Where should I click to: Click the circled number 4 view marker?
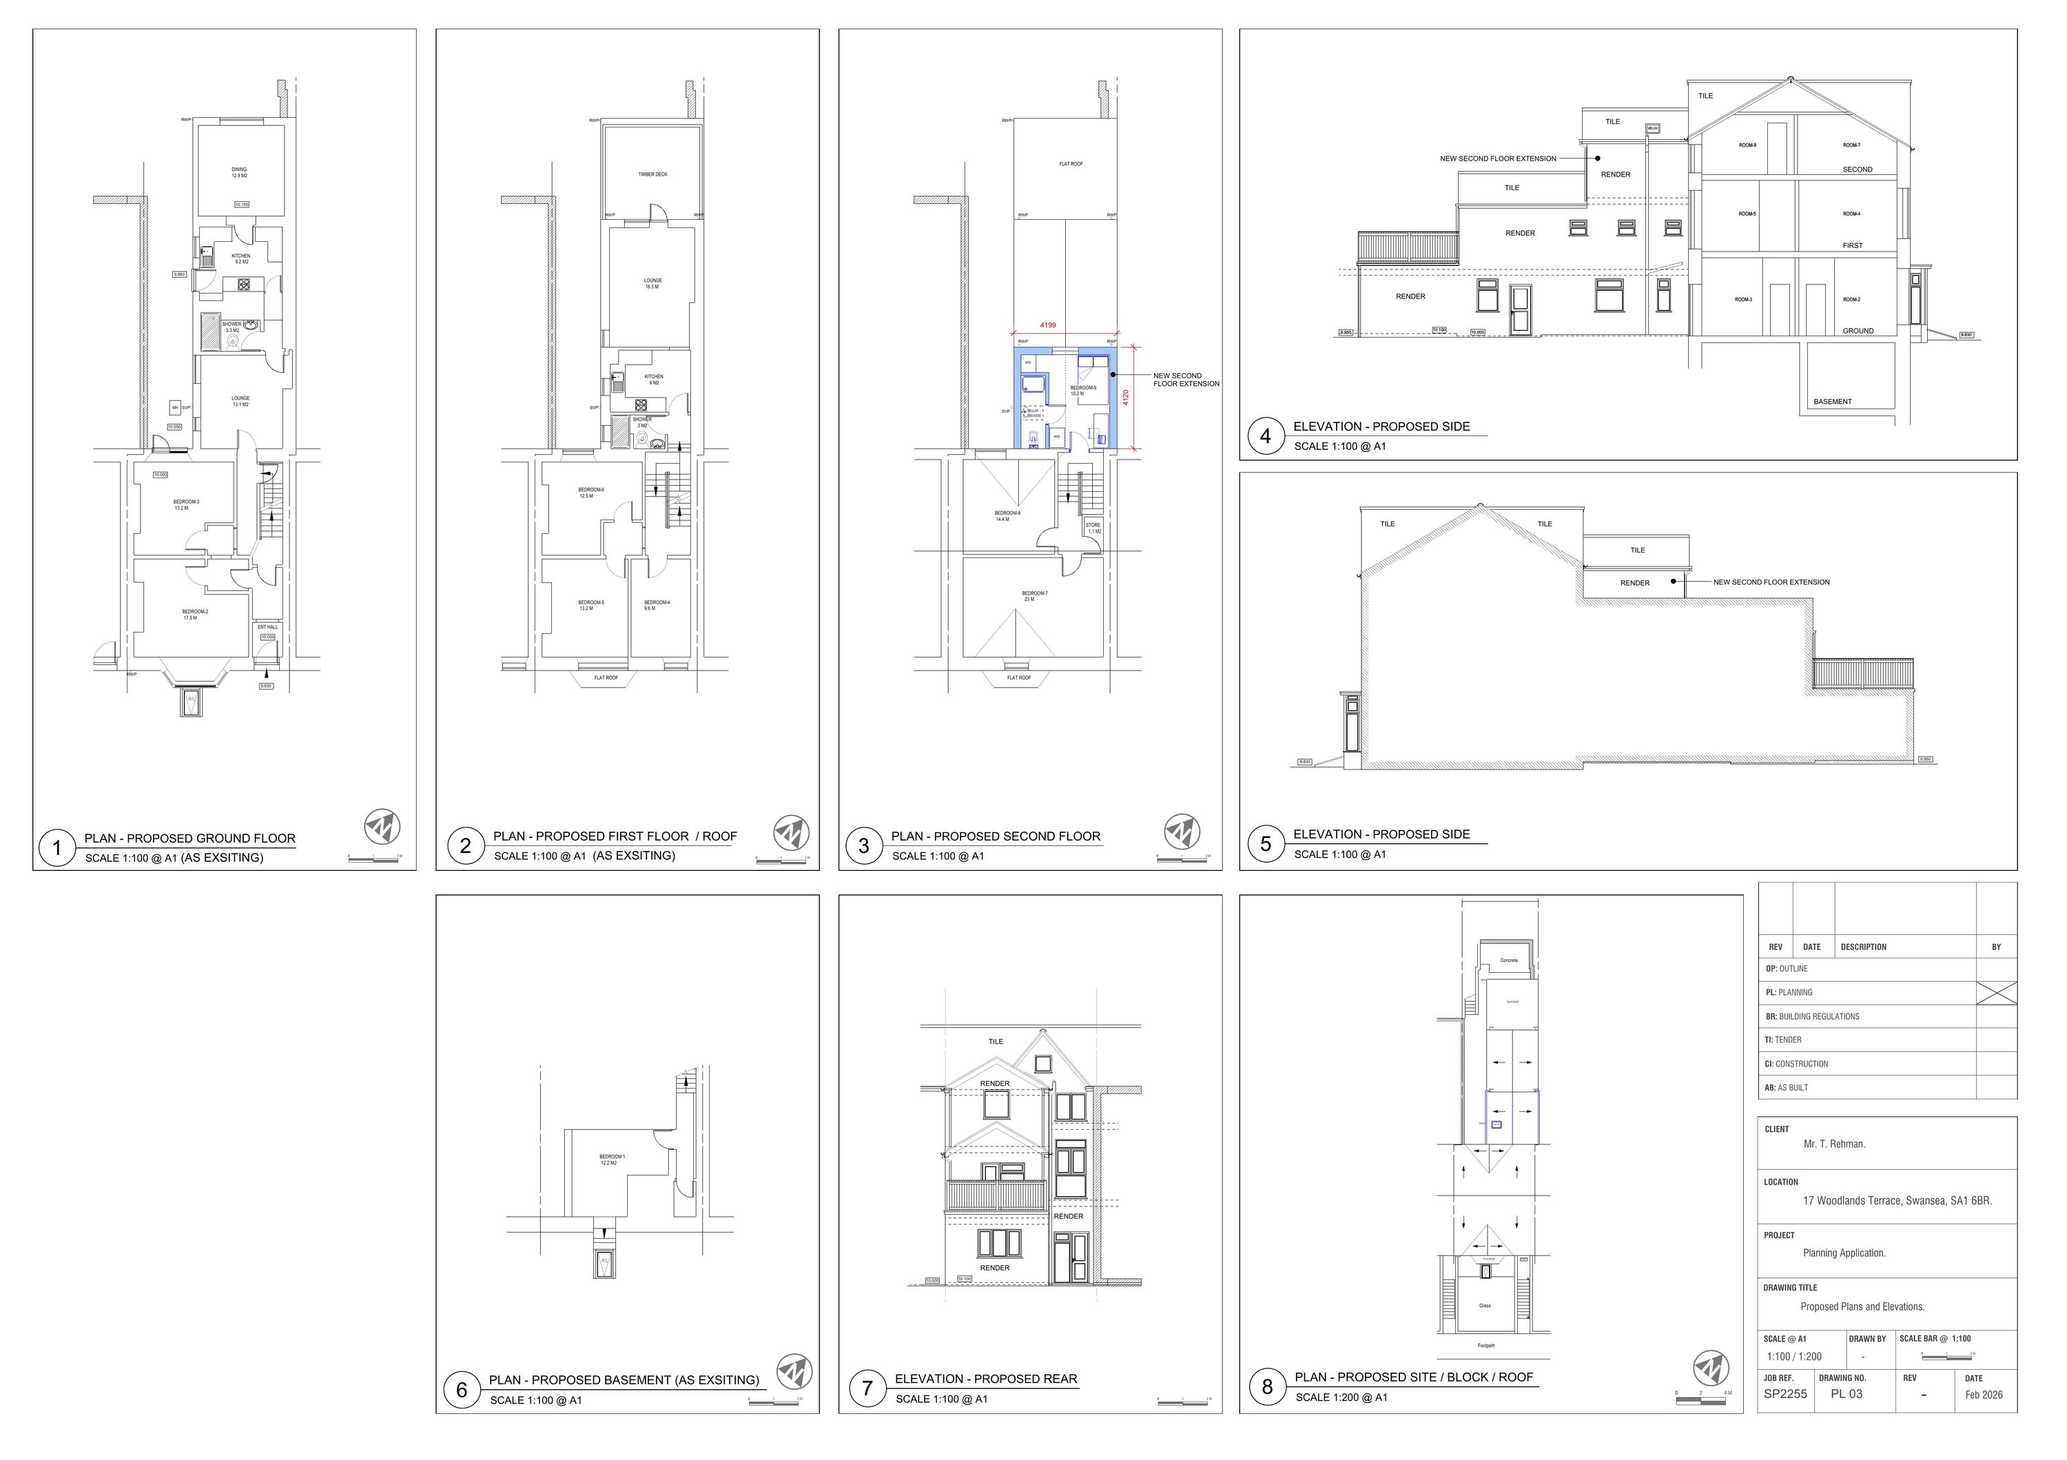point(1265,438)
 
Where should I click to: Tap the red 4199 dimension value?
point(1048,325)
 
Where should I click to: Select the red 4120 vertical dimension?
point(1125,397)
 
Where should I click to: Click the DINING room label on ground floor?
point(238,170)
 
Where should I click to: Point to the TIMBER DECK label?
point(652,174)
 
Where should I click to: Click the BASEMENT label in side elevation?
point(1832,402)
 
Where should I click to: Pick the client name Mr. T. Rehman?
point(1834,1144)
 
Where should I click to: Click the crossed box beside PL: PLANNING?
point(1996,993)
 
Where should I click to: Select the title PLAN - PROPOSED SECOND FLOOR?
point(996,836)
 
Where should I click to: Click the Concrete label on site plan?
point(1509,960)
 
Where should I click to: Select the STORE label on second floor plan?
point(1093,525)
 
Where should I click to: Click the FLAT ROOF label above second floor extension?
point(1071,164)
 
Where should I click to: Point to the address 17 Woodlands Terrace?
point(1897,1201)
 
